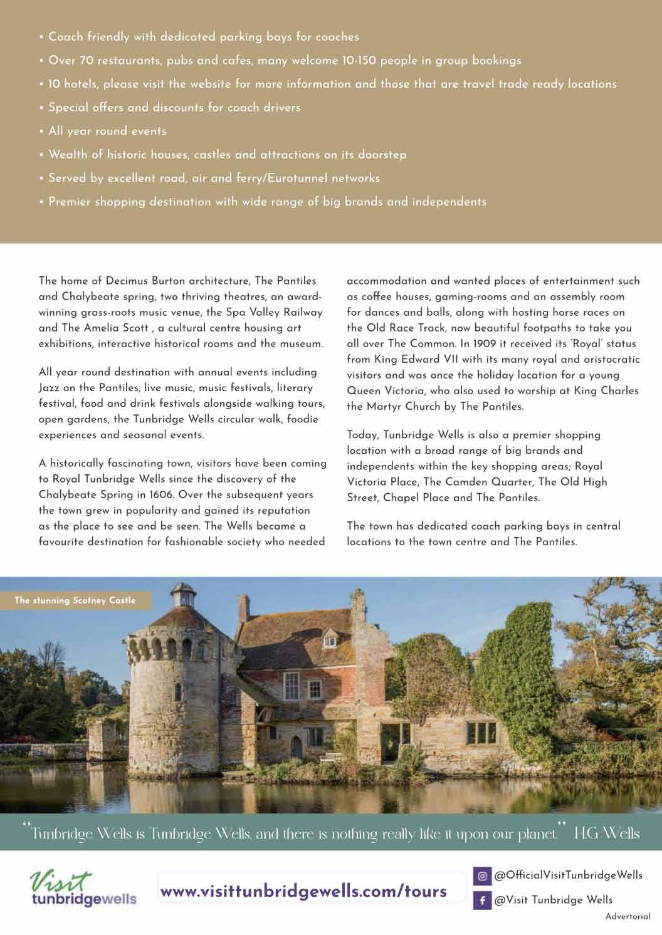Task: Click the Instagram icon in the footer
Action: [481, 875]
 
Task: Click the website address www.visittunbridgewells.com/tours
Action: [304, 891]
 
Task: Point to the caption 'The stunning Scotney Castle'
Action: [75, 600]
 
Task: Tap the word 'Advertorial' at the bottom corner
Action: [628, 916]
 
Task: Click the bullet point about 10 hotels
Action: [332, 84]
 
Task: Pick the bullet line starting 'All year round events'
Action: [107, 131]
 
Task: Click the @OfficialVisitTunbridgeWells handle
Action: [568, 875]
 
